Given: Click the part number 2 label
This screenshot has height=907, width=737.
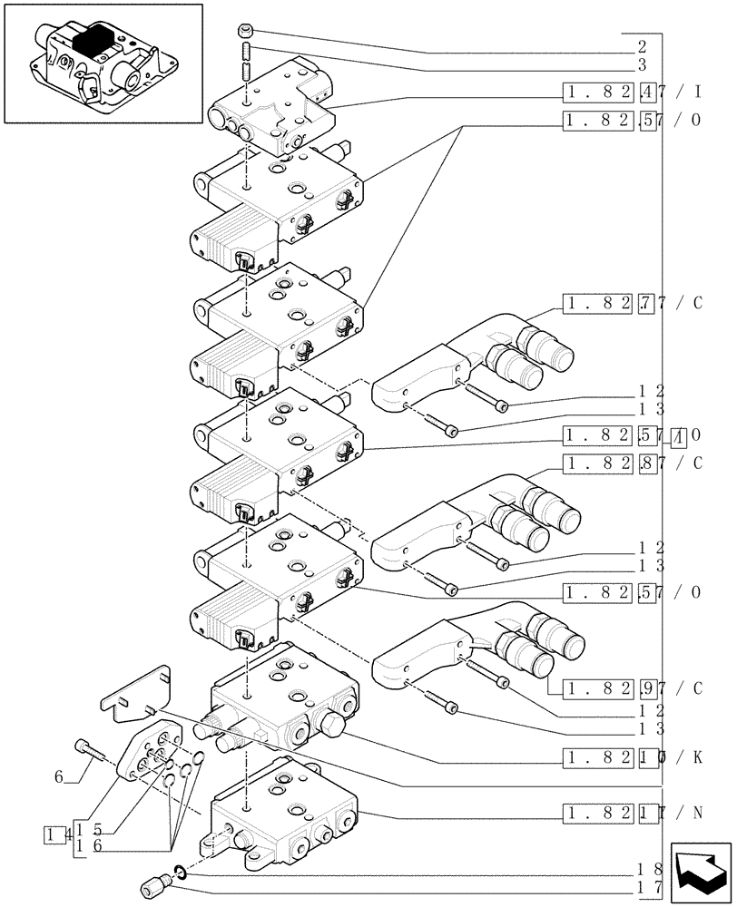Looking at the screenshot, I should click(x=642, y=45).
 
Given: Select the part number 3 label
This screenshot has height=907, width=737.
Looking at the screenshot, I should click(x=642, y=65).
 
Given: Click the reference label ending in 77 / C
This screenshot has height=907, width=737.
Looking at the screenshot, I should click(x=632, y=304).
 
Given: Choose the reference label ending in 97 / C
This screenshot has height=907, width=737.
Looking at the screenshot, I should click(x=632, y=688).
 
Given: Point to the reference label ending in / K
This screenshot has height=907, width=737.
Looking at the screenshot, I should click(x=632, y=756).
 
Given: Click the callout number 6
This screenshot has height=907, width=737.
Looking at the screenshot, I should click(x=59, y=776).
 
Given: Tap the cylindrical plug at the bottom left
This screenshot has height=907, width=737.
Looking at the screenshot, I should click(x=153, y=884).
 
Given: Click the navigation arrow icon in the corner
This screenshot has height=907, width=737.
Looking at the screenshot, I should click(x=700, y=872).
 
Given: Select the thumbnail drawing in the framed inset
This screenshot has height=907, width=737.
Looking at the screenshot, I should click(x=102, y=63).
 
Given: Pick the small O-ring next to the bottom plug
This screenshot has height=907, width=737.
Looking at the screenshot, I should click(x=182, y=872).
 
